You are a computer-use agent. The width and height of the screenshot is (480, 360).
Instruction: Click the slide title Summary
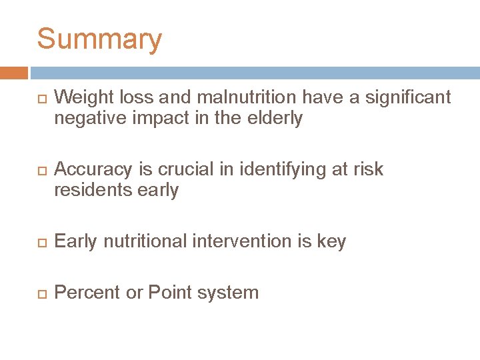pyautogui.click(x=99, y=39)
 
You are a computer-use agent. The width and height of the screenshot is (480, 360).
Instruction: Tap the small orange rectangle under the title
pyautogui.click(x=14, y=73)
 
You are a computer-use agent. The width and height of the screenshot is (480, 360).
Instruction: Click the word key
pyautogui.click(x=331, y=242)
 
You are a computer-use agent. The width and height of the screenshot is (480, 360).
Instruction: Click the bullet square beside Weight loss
pyautogui.click(x=41, y=99)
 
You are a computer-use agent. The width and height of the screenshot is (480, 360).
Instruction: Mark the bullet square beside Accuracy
pyautogui.click(x=41, y=171)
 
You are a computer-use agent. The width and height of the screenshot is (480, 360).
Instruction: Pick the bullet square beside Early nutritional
pyautogui.click(x=41, y=242)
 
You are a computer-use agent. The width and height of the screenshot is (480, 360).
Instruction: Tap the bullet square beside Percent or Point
pyautogui.click(x=41, y=293)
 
